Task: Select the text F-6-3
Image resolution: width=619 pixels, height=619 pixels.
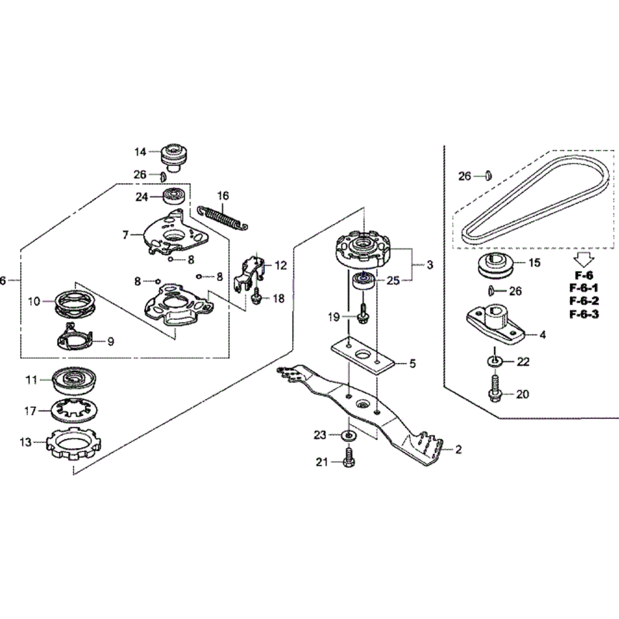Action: pos(584,314)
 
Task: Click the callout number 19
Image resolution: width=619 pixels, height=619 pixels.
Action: pos(334,317)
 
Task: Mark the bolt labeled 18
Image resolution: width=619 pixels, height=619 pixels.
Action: pos(256,299)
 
